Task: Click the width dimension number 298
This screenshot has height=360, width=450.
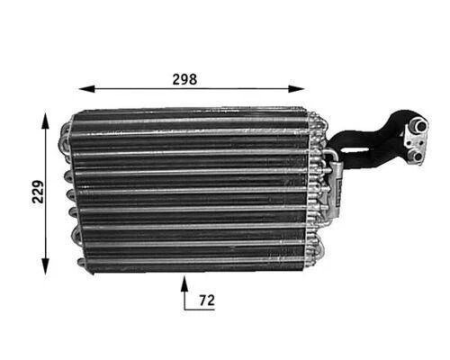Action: [184, 78]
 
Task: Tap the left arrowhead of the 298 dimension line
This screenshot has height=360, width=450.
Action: [85, 89]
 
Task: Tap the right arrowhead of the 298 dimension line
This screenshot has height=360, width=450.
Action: [304, 89]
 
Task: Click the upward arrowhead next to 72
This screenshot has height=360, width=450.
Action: [185, 283]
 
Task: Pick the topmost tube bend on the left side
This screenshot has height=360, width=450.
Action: [64, 131]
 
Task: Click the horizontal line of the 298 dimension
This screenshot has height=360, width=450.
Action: [194, 89]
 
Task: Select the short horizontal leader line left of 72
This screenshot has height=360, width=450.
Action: [193, 309]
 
